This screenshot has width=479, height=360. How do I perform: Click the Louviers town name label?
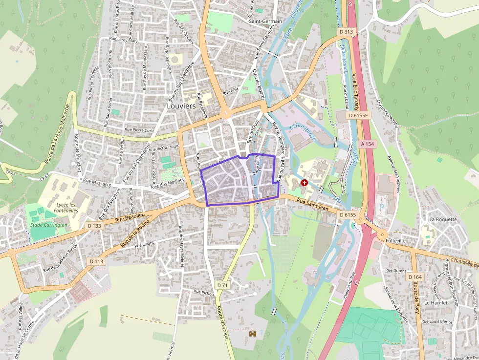coord(181,106)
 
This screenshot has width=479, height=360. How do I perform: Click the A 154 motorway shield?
coord(367,144)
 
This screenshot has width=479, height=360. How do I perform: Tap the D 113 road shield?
coord(97,261)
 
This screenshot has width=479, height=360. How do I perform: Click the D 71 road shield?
coord(221,285)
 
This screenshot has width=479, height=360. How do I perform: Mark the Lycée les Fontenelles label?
coord(66,207)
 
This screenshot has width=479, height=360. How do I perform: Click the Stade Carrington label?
coord(48,225)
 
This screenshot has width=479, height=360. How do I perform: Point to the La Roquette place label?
coord(443,219)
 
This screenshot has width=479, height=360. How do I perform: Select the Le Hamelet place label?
coord(436,303)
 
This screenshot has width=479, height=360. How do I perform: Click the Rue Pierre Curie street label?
coord(140,130)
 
